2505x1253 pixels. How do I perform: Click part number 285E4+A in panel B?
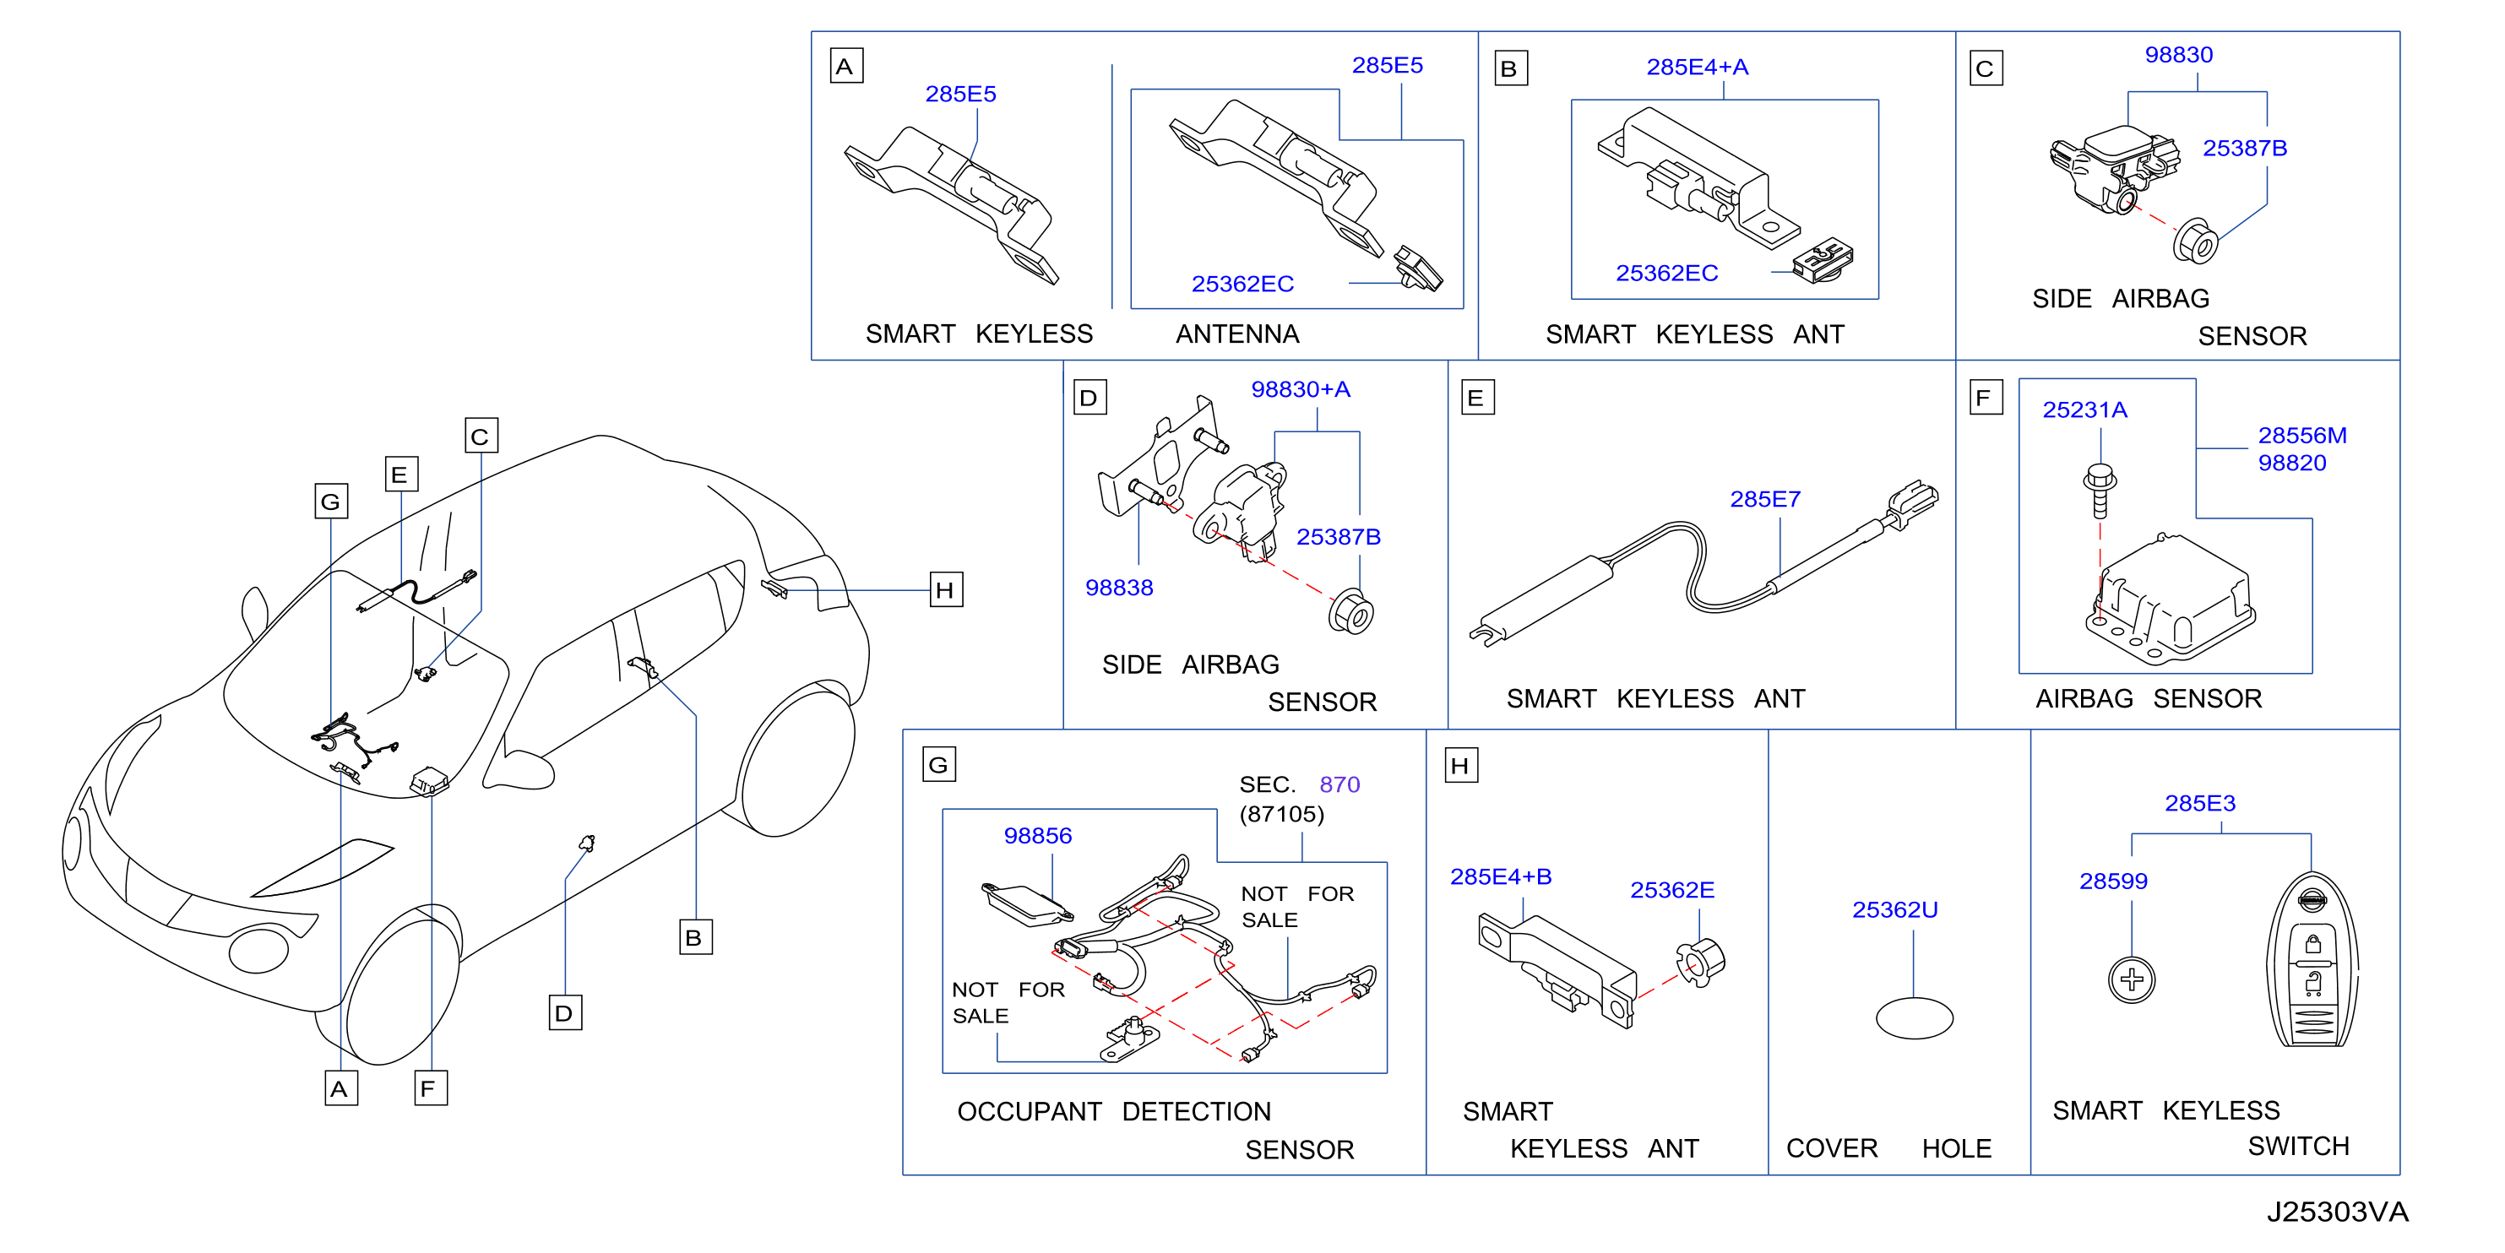coord(1697,67)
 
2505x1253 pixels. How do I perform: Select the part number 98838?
coord(1119,589)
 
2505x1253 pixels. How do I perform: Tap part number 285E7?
coord(1765,500)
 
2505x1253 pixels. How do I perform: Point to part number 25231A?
coord(2085,410)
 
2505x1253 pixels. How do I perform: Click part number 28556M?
coord(2301,436)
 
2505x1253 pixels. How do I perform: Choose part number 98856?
coord(1038,836)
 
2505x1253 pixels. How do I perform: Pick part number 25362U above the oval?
coord(1894,910)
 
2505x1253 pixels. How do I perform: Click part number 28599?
coord(2113,881)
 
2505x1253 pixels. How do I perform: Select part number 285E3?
coord(2199,804)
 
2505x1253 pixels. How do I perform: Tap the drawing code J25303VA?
coord(2337,1212)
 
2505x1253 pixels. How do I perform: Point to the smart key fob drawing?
coord(2312,960)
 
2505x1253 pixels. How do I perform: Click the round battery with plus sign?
coord(2132,979)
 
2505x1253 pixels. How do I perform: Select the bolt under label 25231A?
coord(2100,491)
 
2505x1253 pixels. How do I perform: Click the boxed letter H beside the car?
coord(946,590)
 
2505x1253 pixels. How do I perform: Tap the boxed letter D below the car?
coord(565,1013)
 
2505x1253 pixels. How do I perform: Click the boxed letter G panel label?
coord(939,764)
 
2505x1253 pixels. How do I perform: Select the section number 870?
coord(1339,784)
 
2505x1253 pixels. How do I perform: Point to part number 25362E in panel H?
coord(1671,891)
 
